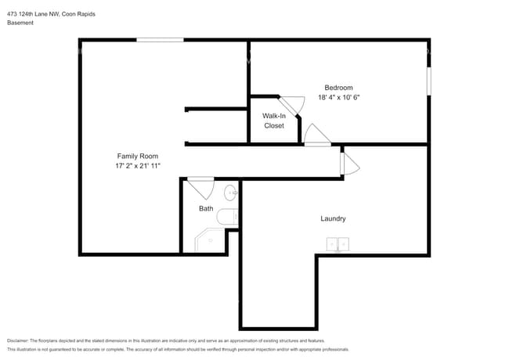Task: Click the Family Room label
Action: pos(138,156)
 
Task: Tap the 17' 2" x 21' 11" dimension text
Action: pos(138,166)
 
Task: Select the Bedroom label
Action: pos(338,88)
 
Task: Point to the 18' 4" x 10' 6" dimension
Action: pos(338,97)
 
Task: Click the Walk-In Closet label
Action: pos(274,121)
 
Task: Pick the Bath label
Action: pos(206,208)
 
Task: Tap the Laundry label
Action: pos(333,218)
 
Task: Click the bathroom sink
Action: pos(230,193)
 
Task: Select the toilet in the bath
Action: pos(227,218)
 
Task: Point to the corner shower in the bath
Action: pos(210,240)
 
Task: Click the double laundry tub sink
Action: pos(338,244)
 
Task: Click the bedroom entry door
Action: pos(317,135)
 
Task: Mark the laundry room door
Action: pos(349,164)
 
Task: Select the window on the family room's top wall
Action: pos(160,40)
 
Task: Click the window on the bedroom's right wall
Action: pos(429,81)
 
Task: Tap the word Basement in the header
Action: pos(20,23)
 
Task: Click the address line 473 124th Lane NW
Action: pos(33,14)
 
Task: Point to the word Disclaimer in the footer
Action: pos(18,340)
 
